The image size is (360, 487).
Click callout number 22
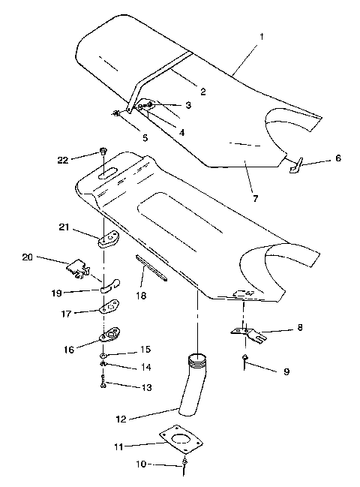(62, 159)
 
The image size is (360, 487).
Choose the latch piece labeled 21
(110, 238)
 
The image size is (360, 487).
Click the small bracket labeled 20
(78, 266)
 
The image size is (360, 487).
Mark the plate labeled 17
(112, 308)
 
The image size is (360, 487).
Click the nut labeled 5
(117, 114)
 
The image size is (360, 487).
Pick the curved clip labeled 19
(110, 284)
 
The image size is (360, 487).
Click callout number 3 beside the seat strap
(188, 106)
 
